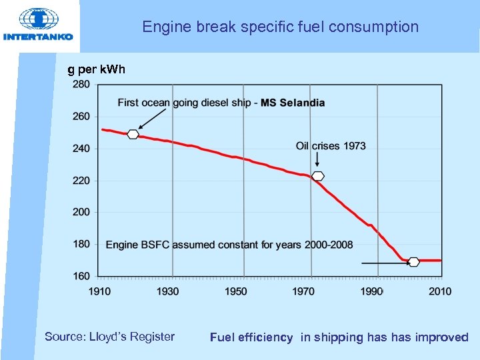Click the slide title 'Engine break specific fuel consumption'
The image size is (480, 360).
click(280, 27)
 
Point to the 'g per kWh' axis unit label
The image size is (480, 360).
click(97, 69)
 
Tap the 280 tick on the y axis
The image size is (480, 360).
click(81, 85)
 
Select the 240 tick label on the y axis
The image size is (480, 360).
click(81, 149)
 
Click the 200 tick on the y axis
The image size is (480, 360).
click(81, 212)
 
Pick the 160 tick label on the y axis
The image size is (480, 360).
click(81, 275)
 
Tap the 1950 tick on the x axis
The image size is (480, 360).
click(236, 291)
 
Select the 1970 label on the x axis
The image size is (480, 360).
click(303, 291)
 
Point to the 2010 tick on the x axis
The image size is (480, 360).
click(440, 291)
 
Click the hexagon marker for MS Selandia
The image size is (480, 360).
click(133, 134)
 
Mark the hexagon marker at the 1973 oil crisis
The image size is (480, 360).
click(318, 176)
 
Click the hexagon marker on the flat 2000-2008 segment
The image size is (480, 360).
click(413, 261)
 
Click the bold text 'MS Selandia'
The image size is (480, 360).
click(293, 103)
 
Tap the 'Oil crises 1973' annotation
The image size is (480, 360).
click(331, 146)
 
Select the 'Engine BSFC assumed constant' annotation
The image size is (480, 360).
click(229, 245)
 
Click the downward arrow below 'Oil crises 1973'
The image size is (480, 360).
click(317, 160)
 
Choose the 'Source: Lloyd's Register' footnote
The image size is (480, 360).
click(109, 337)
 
